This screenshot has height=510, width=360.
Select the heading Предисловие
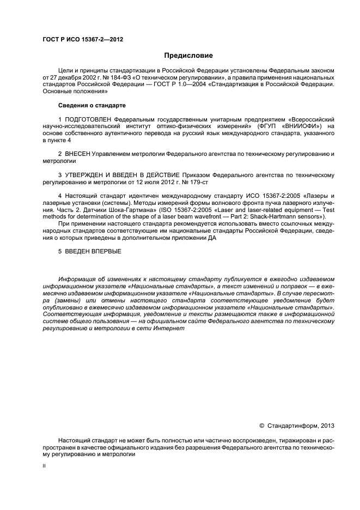click(x=188, y=56)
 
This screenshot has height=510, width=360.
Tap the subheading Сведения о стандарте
click(x=91, y=105)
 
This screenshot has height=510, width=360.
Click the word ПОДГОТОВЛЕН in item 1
click(x=87, y=118)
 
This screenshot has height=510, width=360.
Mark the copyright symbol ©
click(x=261, y=425)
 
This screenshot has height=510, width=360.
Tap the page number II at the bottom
click(x=45, y=466)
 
